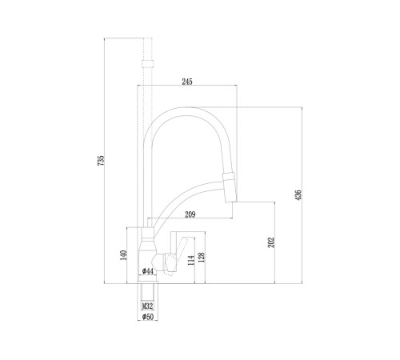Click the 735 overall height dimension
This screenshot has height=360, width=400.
pos(101,161)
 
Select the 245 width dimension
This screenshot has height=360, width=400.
pos(187,82)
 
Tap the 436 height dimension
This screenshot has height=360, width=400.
pos(298,195)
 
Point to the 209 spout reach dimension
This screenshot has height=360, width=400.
pos(190,214)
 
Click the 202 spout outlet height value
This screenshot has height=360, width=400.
pos(271,242)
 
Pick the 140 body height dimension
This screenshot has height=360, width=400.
pos(123,255)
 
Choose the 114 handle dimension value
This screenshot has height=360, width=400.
pos(191,260)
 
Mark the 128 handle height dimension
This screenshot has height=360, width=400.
pos(202,258)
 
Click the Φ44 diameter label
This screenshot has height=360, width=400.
pos(148,271)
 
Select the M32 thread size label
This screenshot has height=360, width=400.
pos(147,306)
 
